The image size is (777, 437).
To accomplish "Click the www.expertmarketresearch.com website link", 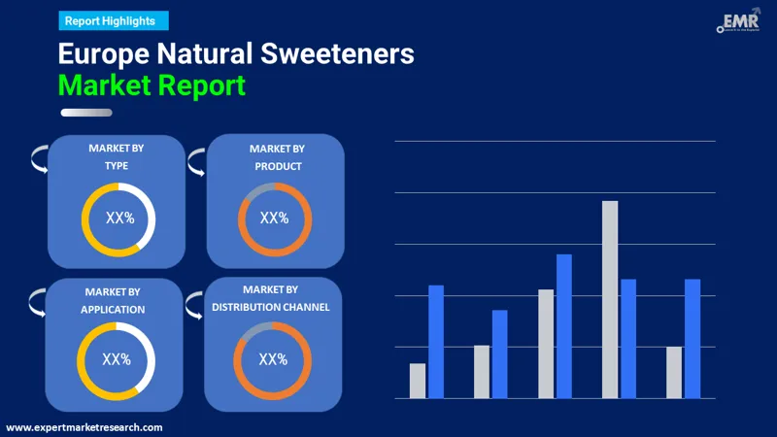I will pyautogui.click(x=84, y=427).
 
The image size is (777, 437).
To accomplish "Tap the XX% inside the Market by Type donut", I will pyautogui.click(x=118, y=218).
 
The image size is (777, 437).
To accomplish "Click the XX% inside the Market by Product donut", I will pyautogui.click(x=274, y=218).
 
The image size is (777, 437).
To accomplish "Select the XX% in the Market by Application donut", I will pyautogui.click(x=117, y=359).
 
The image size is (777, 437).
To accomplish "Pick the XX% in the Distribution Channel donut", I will pyautogui.click(x=273, y=359).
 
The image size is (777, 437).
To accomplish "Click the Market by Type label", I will pyautogui.click(x=117, y=156).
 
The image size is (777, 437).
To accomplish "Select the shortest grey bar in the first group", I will pyautogui.click(x=418, y=381).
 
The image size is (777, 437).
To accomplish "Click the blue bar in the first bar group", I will pyautogui.click(x=436, y=341).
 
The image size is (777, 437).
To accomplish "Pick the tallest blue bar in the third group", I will pyautogui.click(x=564, y=325).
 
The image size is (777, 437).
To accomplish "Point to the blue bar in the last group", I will pyautogui.click(x=693, y=338).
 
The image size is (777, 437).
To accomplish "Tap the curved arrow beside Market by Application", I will pyautogui.click(x=37, y=302).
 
